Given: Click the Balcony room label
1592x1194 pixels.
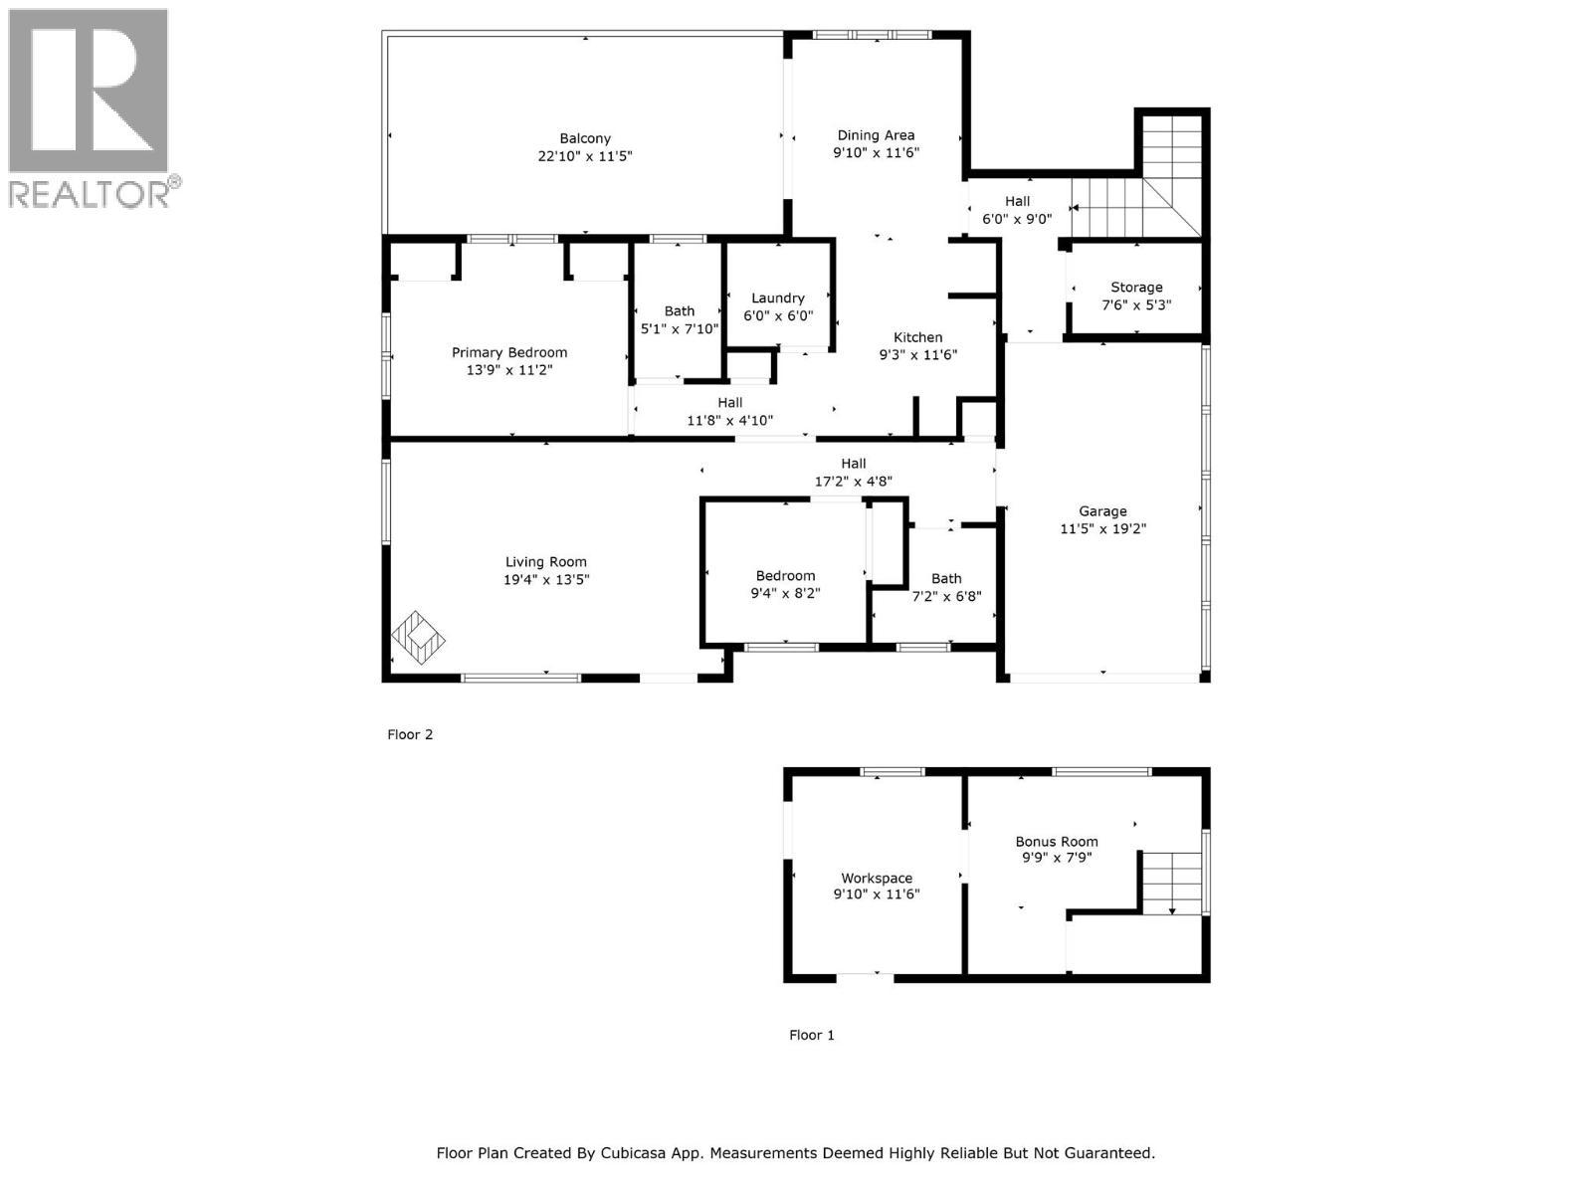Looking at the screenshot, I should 585,138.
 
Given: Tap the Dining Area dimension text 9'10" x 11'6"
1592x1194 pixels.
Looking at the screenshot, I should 876,153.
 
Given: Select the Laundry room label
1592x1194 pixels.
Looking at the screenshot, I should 778,298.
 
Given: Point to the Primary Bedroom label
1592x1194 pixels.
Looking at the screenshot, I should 509,352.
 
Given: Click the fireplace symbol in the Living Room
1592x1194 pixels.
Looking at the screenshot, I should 418,637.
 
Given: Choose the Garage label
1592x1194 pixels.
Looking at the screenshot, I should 1102,511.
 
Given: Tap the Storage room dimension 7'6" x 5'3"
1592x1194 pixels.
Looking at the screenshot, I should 1136,304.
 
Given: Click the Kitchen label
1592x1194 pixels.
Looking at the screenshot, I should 917,337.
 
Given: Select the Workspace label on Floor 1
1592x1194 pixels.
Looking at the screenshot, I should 877,878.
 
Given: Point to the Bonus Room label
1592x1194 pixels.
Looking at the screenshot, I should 1057,841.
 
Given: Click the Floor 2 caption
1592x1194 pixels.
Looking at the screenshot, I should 410,734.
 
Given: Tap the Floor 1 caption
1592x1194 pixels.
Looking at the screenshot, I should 812,1035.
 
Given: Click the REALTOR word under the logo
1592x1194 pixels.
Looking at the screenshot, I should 90,193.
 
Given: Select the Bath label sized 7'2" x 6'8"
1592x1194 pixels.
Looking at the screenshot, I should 946,578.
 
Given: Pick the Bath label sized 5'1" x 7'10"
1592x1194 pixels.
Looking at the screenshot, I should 680,311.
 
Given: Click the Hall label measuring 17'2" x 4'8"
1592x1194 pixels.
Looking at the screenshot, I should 854,463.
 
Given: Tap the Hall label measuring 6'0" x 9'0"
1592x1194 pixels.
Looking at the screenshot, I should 1017,201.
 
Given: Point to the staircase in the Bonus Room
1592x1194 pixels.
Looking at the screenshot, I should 1172,882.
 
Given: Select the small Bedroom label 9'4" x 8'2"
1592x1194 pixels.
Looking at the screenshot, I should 785,575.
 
